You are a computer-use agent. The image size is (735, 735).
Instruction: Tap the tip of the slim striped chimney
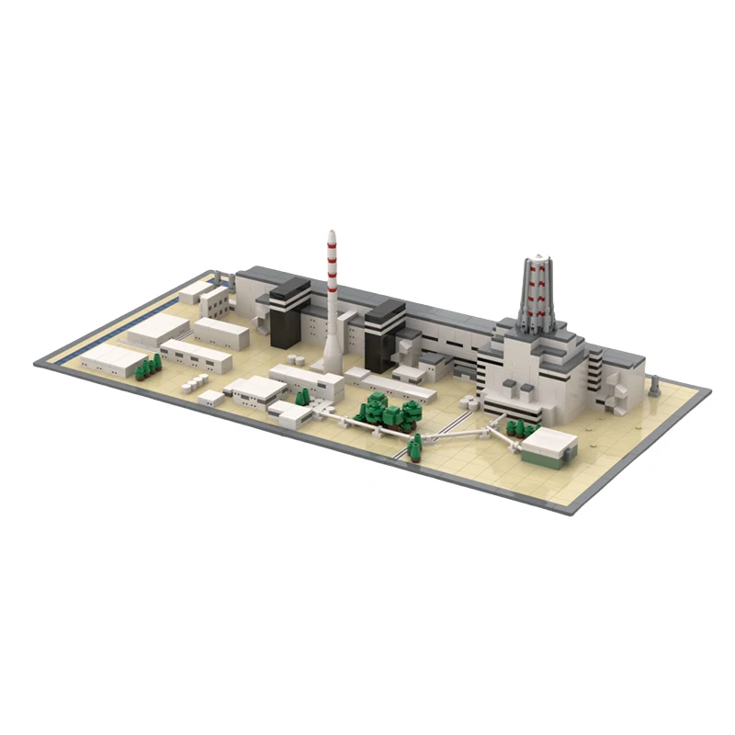331,233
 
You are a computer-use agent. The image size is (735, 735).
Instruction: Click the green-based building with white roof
548,447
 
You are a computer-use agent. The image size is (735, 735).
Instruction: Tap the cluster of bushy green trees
386,410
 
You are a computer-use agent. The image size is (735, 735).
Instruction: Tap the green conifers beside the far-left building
147,367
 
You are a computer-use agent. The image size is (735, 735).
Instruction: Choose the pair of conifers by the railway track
414,447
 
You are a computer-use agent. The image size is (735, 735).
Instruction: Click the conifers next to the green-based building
521,427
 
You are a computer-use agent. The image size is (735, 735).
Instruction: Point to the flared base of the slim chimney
331,358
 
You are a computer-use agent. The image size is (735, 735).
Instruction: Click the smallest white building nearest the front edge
209,397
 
